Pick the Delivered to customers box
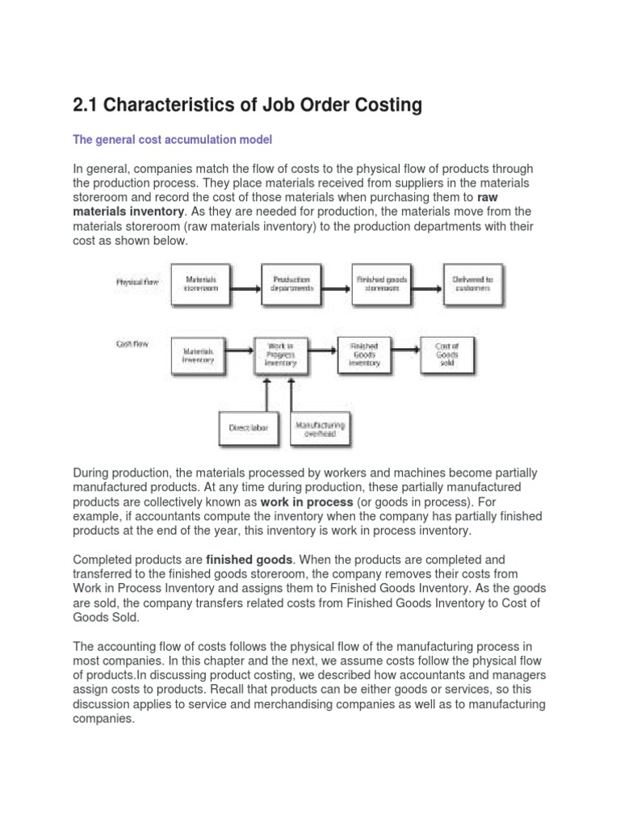click(x=476, y=284)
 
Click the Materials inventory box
click(x=199, y=356)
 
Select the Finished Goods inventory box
click(x=364, y=356)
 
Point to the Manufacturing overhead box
click(x=320, y=429)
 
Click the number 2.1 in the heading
click(x=88, y=105)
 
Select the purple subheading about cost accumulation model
click(x=173, y=140)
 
